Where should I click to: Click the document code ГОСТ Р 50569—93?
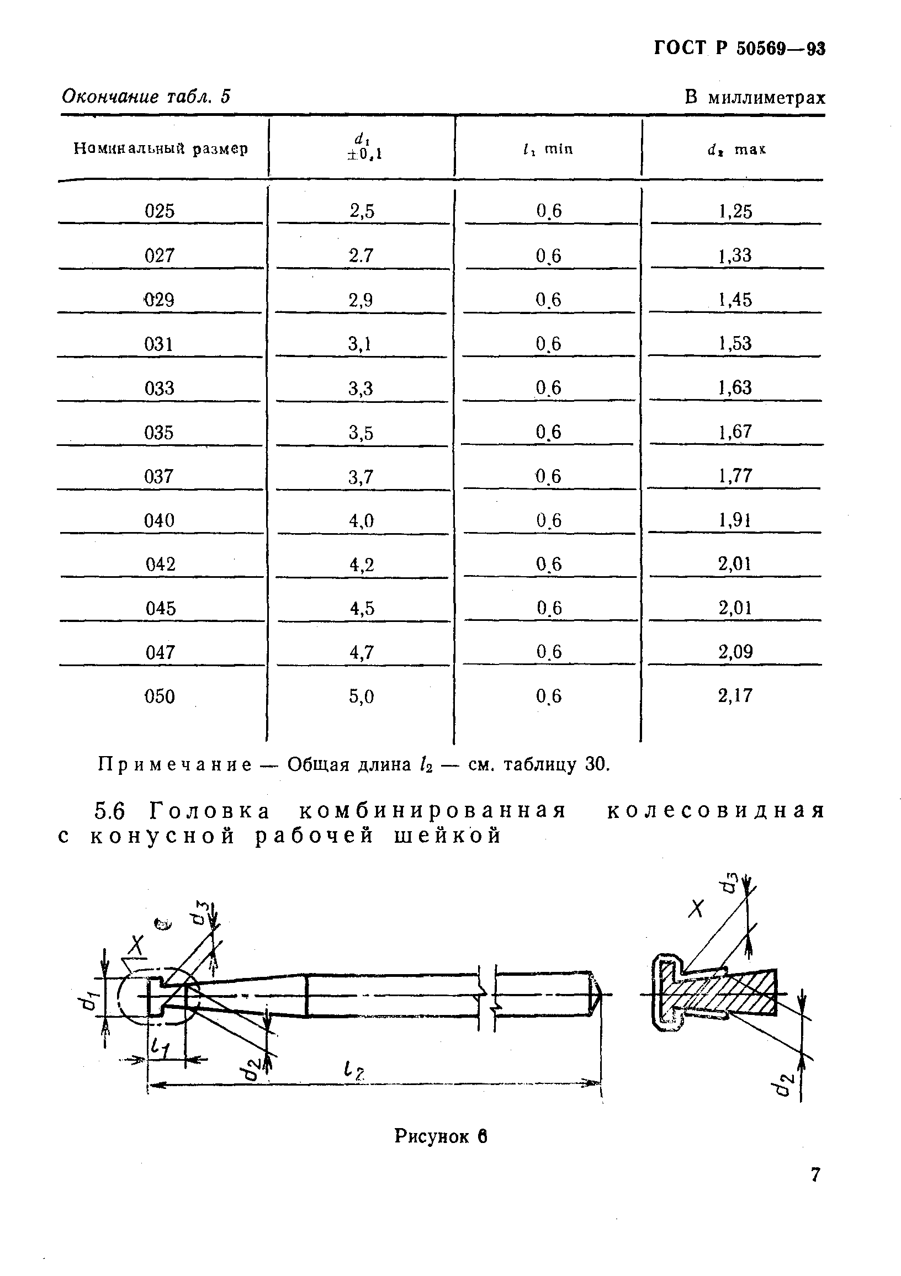click(x=739, y=49)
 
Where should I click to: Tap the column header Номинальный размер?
click(x=161, y=149)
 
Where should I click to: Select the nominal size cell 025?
click(x=160, y=211)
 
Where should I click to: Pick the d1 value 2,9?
click(x=361, y=300)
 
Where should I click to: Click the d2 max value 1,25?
click(x=735, y=211)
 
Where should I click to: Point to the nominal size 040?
click(x=160, y=521)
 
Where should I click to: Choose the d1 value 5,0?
click(x=361, y=697)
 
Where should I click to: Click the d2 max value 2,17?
click(x=735, y=695)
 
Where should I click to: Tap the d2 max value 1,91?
click(x=735, y=520)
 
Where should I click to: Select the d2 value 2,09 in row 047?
click(x=735, y=651)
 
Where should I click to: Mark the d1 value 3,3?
click(x=361, y=388)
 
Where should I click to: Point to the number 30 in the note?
click(x=596, y=765)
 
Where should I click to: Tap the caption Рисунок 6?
click(x=441, y=1136)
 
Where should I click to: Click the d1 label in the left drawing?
click(x=86, y=1002)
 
